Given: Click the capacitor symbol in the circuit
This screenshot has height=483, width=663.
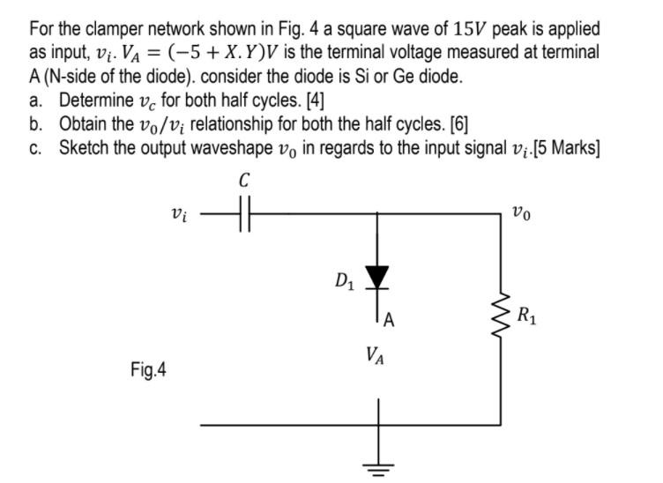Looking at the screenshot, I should pyautogui.click(x=244, y=212).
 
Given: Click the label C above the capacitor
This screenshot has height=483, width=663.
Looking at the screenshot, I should pyautogui.click(x=244, y=181).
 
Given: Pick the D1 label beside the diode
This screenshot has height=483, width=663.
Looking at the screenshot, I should pyautogui.click(x=345, y=281).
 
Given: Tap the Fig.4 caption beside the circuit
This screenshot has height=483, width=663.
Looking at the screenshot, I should pyautogui.click(x=148, y=370).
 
